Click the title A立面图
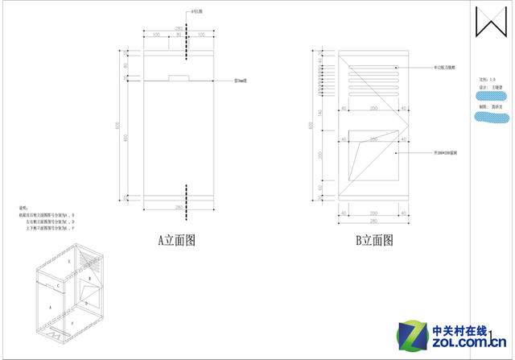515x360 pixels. [x=177, y=239]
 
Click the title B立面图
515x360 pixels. [x=375, y=239]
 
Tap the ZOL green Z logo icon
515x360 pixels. [x=410, y=337]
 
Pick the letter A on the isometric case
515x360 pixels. [x=50, y=308]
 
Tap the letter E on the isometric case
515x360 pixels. [x=70, y=263]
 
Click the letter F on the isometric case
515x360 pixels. [x=72, y=321]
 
